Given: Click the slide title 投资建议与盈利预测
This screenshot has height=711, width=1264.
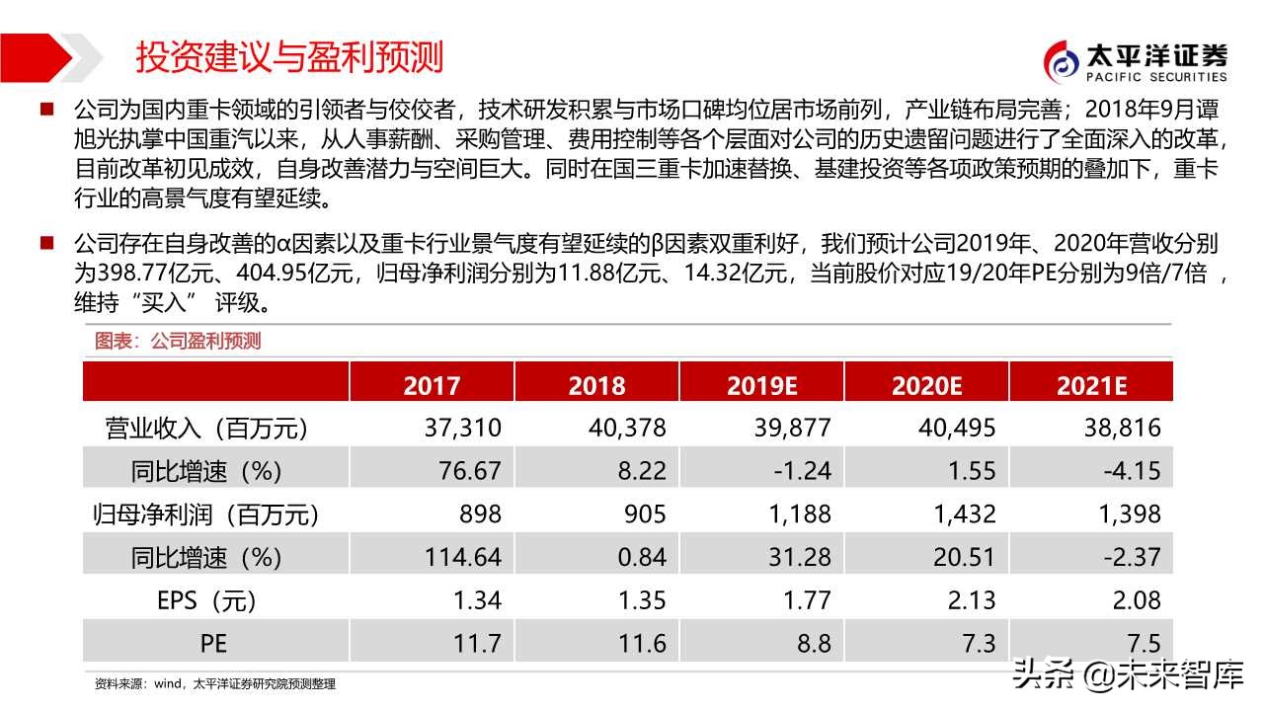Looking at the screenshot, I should click(x=289, y=56).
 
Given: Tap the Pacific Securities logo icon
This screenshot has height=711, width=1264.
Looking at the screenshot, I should click(x=1063, y=62).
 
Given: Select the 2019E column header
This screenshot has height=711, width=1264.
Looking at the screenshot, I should click(x=761, y=384).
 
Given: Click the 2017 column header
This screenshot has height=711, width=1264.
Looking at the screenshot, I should click(x=432, y=384).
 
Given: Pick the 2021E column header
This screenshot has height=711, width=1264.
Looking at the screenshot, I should click(x=1091, y=384).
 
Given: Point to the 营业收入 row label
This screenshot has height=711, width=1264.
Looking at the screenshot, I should click(x=206, y=428).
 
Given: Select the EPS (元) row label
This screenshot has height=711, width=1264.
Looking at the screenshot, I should click(x=206, y=599).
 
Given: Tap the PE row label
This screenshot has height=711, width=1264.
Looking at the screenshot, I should click(x=213, y=643).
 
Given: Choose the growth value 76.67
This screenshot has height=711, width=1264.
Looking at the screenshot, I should click(x=469, y=471).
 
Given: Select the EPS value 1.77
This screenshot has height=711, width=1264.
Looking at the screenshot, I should click(x=805, y=599).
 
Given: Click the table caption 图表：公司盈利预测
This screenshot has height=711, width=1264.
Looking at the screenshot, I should click(x=178, y=341).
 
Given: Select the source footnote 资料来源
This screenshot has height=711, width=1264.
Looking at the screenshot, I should click(x=214, y=683).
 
